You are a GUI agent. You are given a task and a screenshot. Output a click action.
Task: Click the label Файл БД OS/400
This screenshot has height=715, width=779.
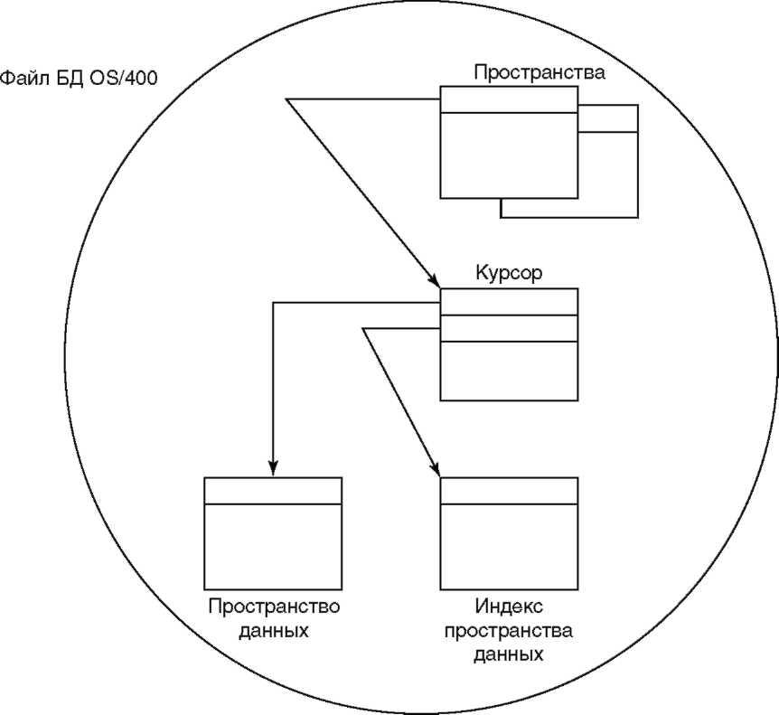tap(79, 79)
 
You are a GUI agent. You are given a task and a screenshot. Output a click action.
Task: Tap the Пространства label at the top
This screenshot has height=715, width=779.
tap(540, 73)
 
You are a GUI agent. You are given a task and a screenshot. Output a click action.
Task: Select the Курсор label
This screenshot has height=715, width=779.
tap(509, 273)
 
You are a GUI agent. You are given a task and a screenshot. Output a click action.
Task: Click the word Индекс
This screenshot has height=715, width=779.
tap(509, 607)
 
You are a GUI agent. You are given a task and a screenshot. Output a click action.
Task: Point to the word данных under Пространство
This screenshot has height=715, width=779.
tap(274, 631)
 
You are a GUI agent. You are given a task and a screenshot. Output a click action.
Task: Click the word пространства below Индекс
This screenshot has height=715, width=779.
tap(508, 631)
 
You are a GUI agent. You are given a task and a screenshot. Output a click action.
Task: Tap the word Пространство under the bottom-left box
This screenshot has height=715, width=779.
tap(274, 607)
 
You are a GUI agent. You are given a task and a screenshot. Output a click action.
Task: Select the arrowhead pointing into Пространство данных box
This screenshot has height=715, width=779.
tap(273, 468)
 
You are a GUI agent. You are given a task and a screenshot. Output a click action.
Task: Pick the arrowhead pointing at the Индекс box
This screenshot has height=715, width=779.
tap(435, 469)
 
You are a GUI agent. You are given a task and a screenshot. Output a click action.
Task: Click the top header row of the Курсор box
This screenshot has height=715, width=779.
tap(509, 302)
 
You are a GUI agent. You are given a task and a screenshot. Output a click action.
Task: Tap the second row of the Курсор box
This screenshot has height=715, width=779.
tap(509, 328)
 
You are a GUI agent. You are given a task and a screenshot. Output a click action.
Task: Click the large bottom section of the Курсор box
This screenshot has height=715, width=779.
tap(509, 371)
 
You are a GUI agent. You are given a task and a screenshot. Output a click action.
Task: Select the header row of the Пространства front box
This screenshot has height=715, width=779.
tap(509, 99)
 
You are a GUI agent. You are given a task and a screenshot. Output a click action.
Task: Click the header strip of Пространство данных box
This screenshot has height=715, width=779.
tap(273, 491)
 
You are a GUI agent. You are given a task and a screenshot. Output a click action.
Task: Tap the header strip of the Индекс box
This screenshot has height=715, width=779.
tap(509, 491)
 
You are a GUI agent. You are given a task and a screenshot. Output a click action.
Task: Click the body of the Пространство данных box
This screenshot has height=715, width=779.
tap(273, 547)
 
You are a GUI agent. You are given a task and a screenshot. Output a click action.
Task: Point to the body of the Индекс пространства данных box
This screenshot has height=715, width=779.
tap(509, 547)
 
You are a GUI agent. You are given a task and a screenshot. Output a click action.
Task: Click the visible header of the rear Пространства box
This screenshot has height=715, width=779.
tap(607, 118)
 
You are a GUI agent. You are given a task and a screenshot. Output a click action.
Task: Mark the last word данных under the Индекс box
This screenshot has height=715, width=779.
tap(508, 654)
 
